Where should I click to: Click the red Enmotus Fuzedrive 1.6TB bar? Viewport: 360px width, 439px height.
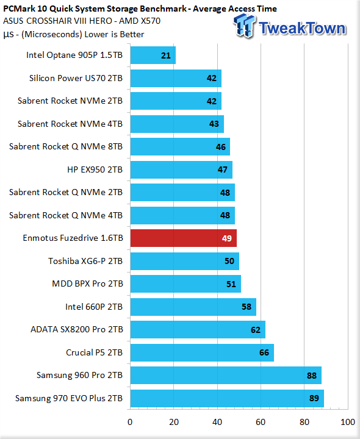pyautogui.click(x=184, y=238)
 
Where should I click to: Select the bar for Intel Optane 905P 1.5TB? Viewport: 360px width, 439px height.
pyautogui.click(x=153, y=55)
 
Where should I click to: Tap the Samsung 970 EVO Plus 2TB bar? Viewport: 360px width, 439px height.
pyautogui.click(x=227, y=398)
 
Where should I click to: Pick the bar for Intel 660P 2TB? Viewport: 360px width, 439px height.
pyautogui.click(x=193, y=307)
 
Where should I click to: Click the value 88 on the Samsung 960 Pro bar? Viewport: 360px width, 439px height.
pyautogui.click(x=312, y=376)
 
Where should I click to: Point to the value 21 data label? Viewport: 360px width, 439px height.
pyautogui.click(x=166, y=55)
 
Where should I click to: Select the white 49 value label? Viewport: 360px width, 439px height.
pyautogui.click(x=226, y=238)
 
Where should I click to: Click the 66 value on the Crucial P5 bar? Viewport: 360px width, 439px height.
pyautogui.click(x=264, y=352)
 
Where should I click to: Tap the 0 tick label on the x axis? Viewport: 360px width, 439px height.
pyautogui.click(x=130, y=422)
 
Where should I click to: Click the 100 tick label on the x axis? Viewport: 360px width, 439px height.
pyautogui.click(x=348, y=422)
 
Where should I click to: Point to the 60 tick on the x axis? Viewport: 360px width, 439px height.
pyautogui.click(x=261, y=422)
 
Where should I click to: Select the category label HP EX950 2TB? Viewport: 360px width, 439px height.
pyautogui.click(x=95, y=170)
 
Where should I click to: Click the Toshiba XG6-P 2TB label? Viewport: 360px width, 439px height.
pyautogui.click(x=85, y=261)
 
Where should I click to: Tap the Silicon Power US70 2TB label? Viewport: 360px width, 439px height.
pyautogui.click(x=76, y=78)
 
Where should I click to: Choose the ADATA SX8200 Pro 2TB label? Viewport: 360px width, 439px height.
pyautogui.click(x=77, y=329)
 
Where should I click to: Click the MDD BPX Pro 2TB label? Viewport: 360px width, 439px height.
pyautogui.click(x=87, y=284)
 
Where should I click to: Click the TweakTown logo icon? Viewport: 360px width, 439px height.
pyautogui.click(x=244, y=26)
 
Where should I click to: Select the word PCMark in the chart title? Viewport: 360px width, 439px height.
pyautogui.click(x=20, y=9)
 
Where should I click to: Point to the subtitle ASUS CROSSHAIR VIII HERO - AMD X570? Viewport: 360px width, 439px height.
pyautogui.click(x=82, y=21)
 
